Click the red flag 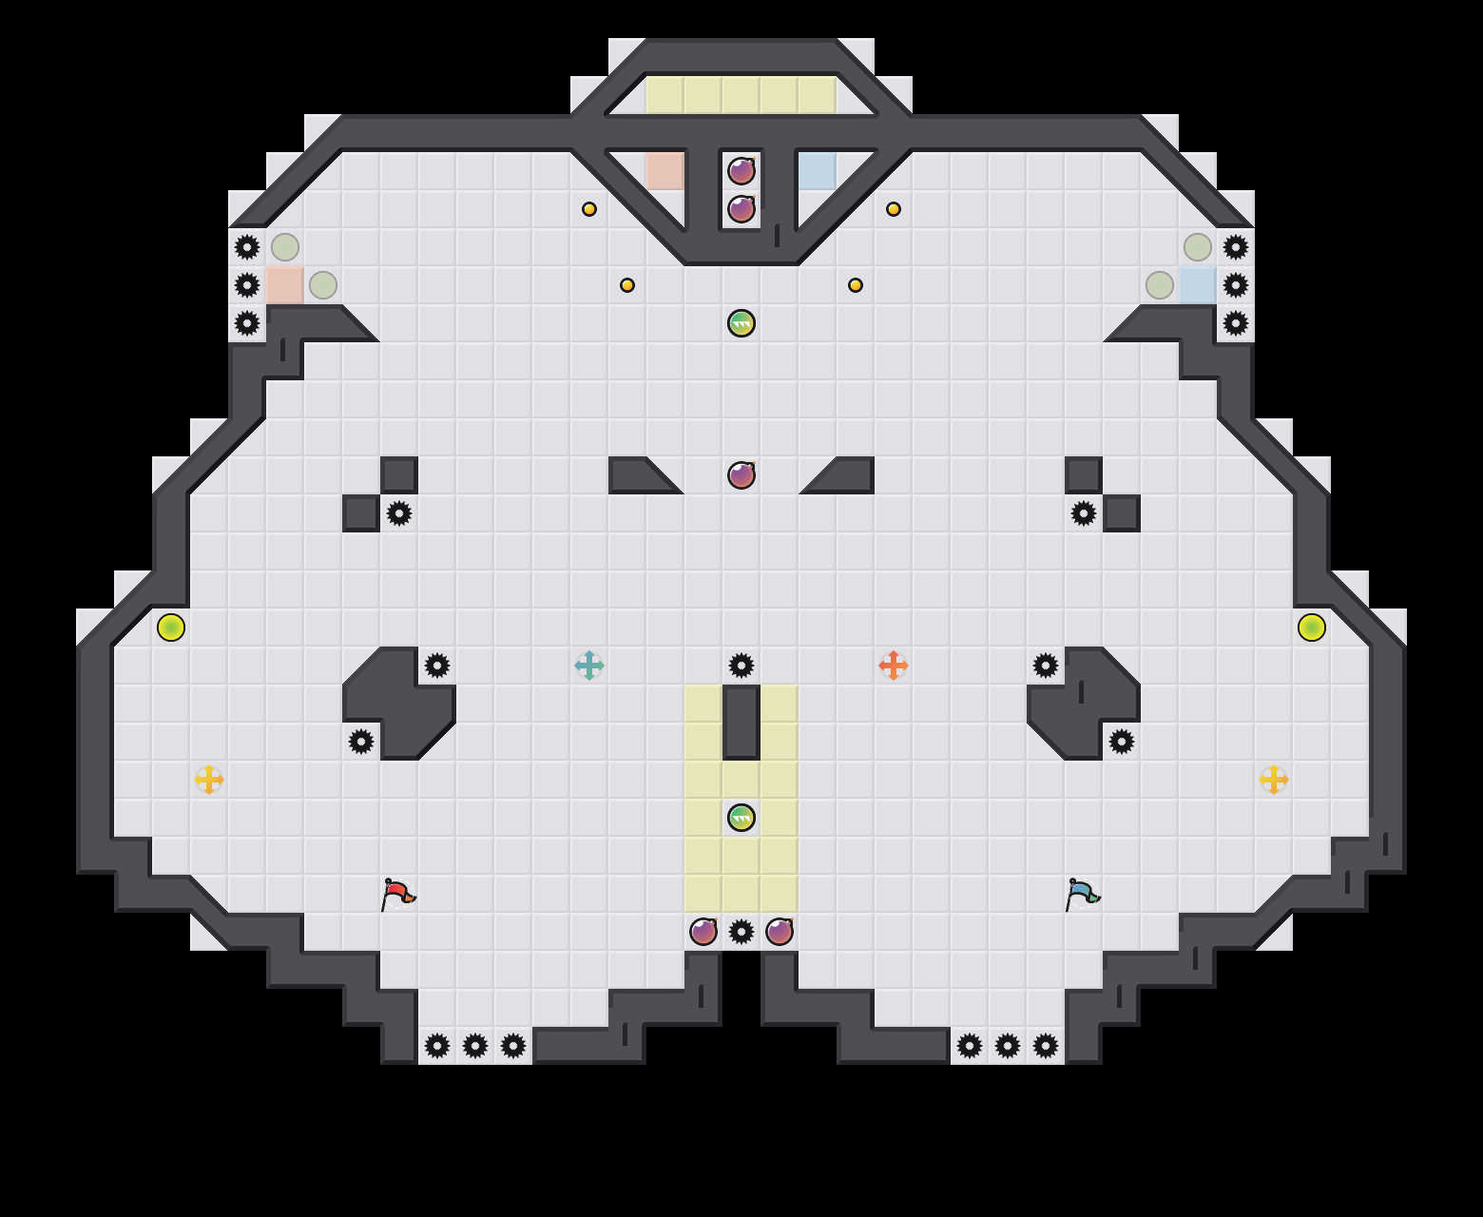(397, 894)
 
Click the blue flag (1082, 894)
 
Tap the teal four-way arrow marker (589, 666)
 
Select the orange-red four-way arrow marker (894, 666)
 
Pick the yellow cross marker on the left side (209, 780)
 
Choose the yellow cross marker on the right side (1274, 780)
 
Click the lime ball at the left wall (171, 628)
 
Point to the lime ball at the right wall (1312, 628)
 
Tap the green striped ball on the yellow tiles (741, 818)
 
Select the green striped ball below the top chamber (741, 323)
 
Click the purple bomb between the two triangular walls (741, 474)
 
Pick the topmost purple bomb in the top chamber (741, 171)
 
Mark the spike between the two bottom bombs (741, 932)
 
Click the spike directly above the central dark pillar (741, 666)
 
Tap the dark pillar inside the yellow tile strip (741, 723)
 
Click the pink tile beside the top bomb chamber (665, 171)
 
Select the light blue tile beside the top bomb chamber (818, 171)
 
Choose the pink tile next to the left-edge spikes (285, 285)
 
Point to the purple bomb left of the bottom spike (703, 932)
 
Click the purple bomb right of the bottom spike (780, 932)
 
